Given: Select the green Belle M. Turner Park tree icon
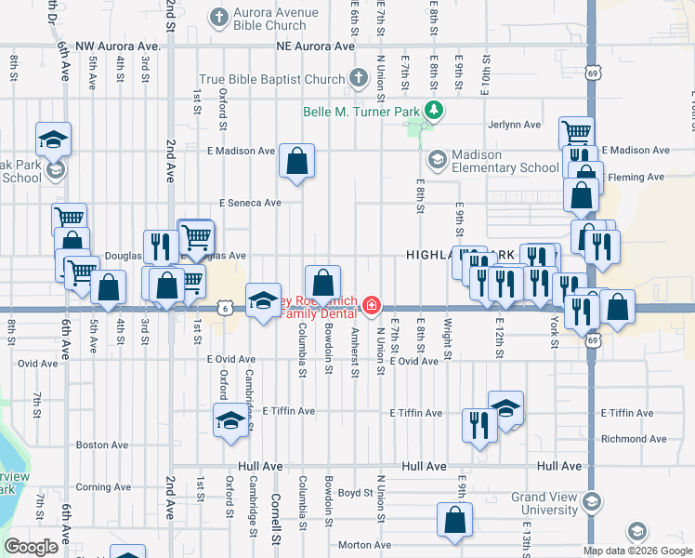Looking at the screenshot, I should [433, 112].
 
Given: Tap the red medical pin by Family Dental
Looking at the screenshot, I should [372, 304].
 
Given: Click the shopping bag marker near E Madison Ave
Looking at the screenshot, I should [296, 161].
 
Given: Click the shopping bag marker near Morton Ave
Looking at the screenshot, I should [454, 522].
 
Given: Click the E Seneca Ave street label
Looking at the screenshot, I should [250, 203].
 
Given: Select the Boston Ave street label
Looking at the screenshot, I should [102, 445].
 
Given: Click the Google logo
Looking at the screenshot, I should [31, 547].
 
